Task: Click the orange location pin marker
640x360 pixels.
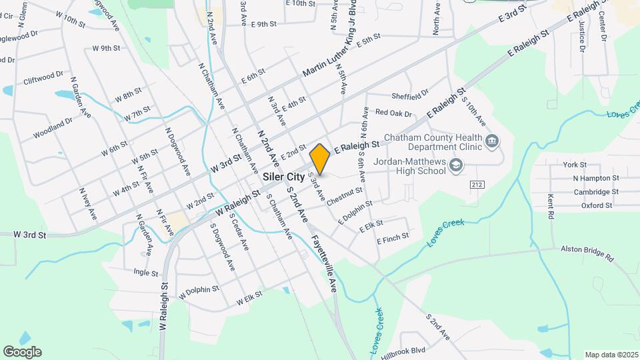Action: coord(320,159)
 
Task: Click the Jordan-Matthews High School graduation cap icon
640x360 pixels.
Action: coord(456,165)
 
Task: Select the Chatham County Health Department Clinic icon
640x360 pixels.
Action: coord(493,141)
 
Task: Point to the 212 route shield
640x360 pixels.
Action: coord(476,184)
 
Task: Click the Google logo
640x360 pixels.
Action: coord(22,351)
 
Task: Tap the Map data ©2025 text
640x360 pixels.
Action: coord(611,355)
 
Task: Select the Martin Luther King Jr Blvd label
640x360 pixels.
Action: coord(330,46)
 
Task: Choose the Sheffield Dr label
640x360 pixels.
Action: coord(410,97)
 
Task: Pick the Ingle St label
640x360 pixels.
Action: coord(145,273)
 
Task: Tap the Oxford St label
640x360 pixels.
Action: coord(596,205)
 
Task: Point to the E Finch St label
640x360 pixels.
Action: coord(393,237)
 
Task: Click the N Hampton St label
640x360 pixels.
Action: coord(596,178)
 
